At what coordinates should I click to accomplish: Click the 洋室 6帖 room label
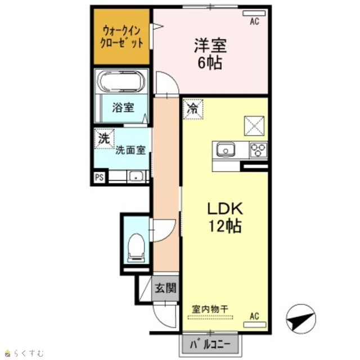tap(210, 54)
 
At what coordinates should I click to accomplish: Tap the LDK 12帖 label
tap(224, 217)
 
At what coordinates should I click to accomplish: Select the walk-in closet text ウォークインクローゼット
tap(121, 37)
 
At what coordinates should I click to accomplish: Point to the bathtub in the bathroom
tap(121, 81)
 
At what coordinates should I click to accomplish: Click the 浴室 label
tap(123, 107)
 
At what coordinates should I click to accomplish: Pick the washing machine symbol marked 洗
tap(104, 139)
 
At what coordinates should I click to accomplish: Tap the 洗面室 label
tap(130, 150)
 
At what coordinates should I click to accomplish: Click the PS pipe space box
tap(100, 178)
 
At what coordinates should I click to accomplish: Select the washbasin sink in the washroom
tap(136, 177)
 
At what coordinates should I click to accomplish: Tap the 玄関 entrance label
tap(165, 287)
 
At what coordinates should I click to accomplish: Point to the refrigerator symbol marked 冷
tap(193, 109)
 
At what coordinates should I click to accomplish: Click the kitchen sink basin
tap(226, 150)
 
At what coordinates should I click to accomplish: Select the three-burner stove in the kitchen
tap(259, 150)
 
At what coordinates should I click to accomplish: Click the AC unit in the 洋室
tap(254, 13)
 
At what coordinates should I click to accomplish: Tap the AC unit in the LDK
tap(255, 325)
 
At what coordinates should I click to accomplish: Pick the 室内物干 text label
tap(210, 309)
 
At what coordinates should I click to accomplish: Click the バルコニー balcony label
tap(210, 345)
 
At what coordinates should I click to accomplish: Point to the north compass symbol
tap(301, 319)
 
